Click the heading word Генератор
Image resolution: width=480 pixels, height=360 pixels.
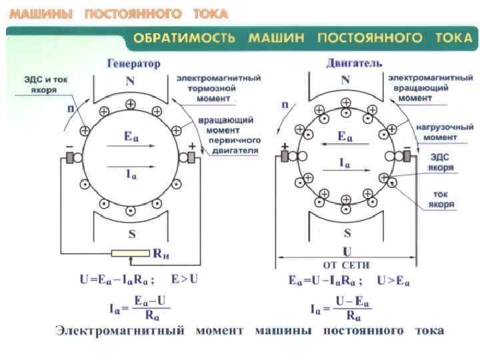[x=133, y=64]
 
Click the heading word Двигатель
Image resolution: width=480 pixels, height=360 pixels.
[x=353, y=63]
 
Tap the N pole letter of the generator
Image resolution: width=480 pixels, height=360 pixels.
[x=131, y=81]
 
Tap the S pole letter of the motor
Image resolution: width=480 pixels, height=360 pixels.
[x=347, y=233]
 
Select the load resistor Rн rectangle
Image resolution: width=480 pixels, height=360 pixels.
[x=131, y=253]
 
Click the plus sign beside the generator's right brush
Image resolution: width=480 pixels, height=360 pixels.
[x=193, y=145]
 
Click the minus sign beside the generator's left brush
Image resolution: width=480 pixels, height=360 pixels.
[x=68, y=145]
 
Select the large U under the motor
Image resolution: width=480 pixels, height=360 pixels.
[x=347, y=253]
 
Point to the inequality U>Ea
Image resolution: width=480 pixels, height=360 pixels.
[x=393, y=280]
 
